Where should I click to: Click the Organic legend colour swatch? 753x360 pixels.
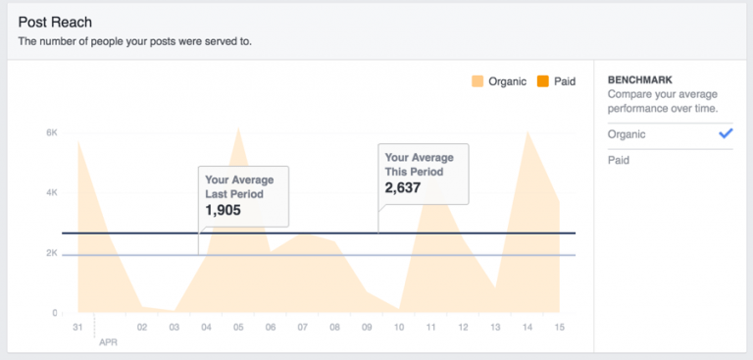[477, 81]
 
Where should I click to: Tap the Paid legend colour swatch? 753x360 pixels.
[542, 81]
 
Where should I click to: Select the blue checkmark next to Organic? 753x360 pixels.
[726, 133]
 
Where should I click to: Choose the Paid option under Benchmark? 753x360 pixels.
[619, 160]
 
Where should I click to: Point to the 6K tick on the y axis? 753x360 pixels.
[52, 132]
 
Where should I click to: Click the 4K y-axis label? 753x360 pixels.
[52, 193]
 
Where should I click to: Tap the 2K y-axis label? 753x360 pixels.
[52, 253]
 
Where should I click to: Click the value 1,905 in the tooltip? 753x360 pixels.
[223, 210]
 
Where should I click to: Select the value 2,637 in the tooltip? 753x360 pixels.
[402, 187]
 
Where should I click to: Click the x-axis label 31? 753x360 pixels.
[77, 328]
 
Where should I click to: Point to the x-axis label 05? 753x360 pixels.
[238, 328]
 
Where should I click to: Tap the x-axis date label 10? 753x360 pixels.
[399, 328]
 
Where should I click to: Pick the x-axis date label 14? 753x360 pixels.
[527, 328]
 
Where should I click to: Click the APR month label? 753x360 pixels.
[108, 342]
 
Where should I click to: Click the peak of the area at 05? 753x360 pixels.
[238, 128]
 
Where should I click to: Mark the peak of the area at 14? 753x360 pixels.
[527, 131]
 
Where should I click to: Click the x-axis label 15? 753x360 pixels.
[560, 328]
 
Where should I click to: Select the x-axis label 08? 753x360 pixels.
[334, 328]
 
